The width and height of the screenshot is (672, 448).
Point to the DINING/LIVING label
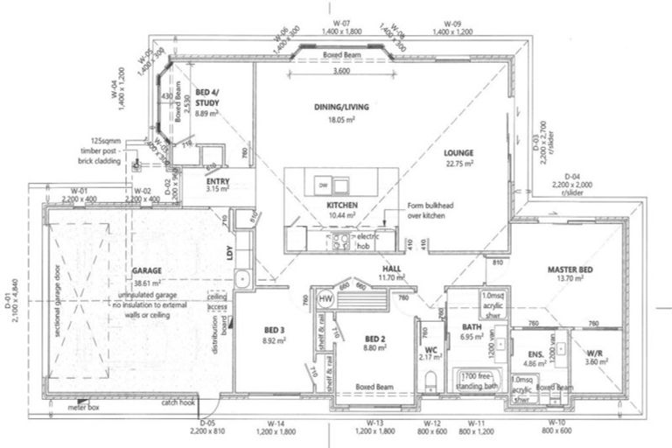point(342,107)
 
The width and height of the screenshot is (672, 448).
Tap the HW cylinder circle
point(325,298)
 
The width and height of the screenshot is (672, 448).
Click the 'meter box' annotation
point(86,406)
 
